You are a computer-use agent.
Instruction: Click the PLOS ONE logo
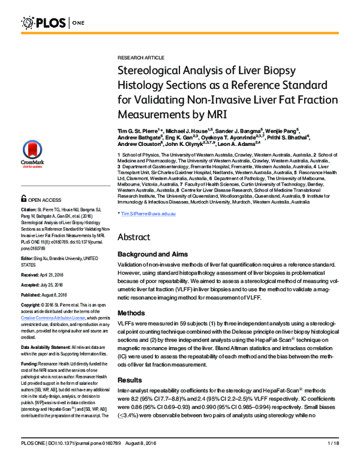click(54, 23)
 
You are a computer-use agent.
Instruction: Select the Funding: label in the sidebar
click(30, 347)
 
